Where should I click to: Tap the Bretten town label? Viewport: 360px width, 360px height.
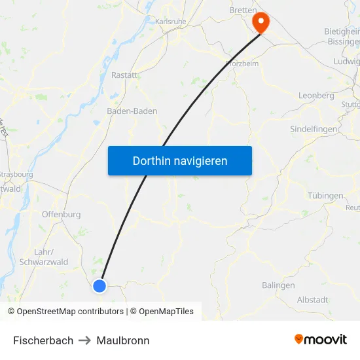(242, 11)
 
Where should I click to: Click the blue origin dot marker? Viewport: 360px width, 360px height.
(99, 286)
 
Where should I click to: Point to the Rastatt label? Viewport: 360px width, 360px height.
(124, 75)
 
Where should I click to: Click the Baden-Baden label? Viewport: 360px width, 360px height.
(132, 111)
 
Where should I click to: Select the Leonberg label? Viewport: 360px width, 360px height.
(316, 96)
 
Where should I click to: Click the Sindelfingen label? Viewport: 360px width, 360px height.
(314, 130)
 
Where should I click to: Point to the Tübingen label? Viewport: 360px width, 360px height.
(325, 196)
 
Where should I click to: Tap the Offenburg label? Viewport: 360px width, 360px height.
(61, 215)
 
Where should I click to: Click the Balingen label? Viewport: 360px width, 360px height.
(278, 285)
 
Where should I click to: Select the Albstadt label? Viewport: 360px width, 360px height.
(312, 300)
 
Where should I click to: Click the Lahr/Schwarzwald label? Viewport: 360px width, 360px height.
(43, 257)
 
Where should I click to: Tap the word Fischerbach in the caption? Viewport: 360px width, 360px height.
(43, 340)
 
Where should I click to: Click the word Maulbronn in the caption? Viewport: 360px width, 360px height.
(123, 340)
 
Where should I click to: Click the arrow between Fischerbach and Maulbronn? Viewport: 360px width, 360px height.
(85, 340)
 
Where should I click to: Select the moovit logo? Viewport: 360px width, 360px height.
(321, 340)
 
